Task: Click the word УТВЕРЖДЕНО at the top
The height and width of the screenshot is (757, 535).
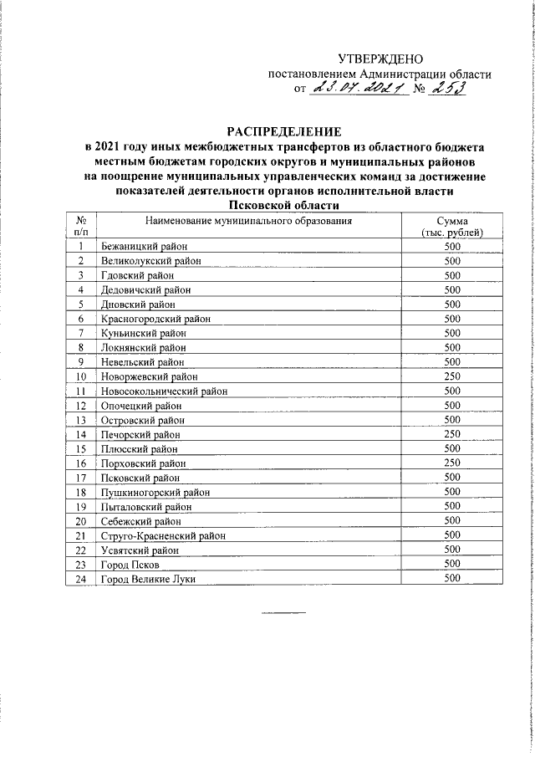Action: point(380,59)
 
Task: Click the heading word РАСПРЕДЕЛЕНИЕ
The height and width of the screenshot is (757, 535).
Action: point(285,131)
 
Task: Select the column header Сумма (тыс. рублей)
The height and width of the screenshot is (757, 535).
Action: point(453,226)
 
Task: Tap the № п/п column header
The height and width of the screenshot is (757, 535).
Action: point(80,226)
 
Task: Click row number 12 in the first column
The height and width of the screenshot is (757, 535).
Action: point(80,406)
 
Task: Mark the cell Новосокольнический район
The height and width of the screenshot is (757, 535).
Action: point(163,391)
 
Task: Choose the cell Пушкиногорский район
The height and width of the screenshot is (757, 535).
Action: point(155,493)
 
